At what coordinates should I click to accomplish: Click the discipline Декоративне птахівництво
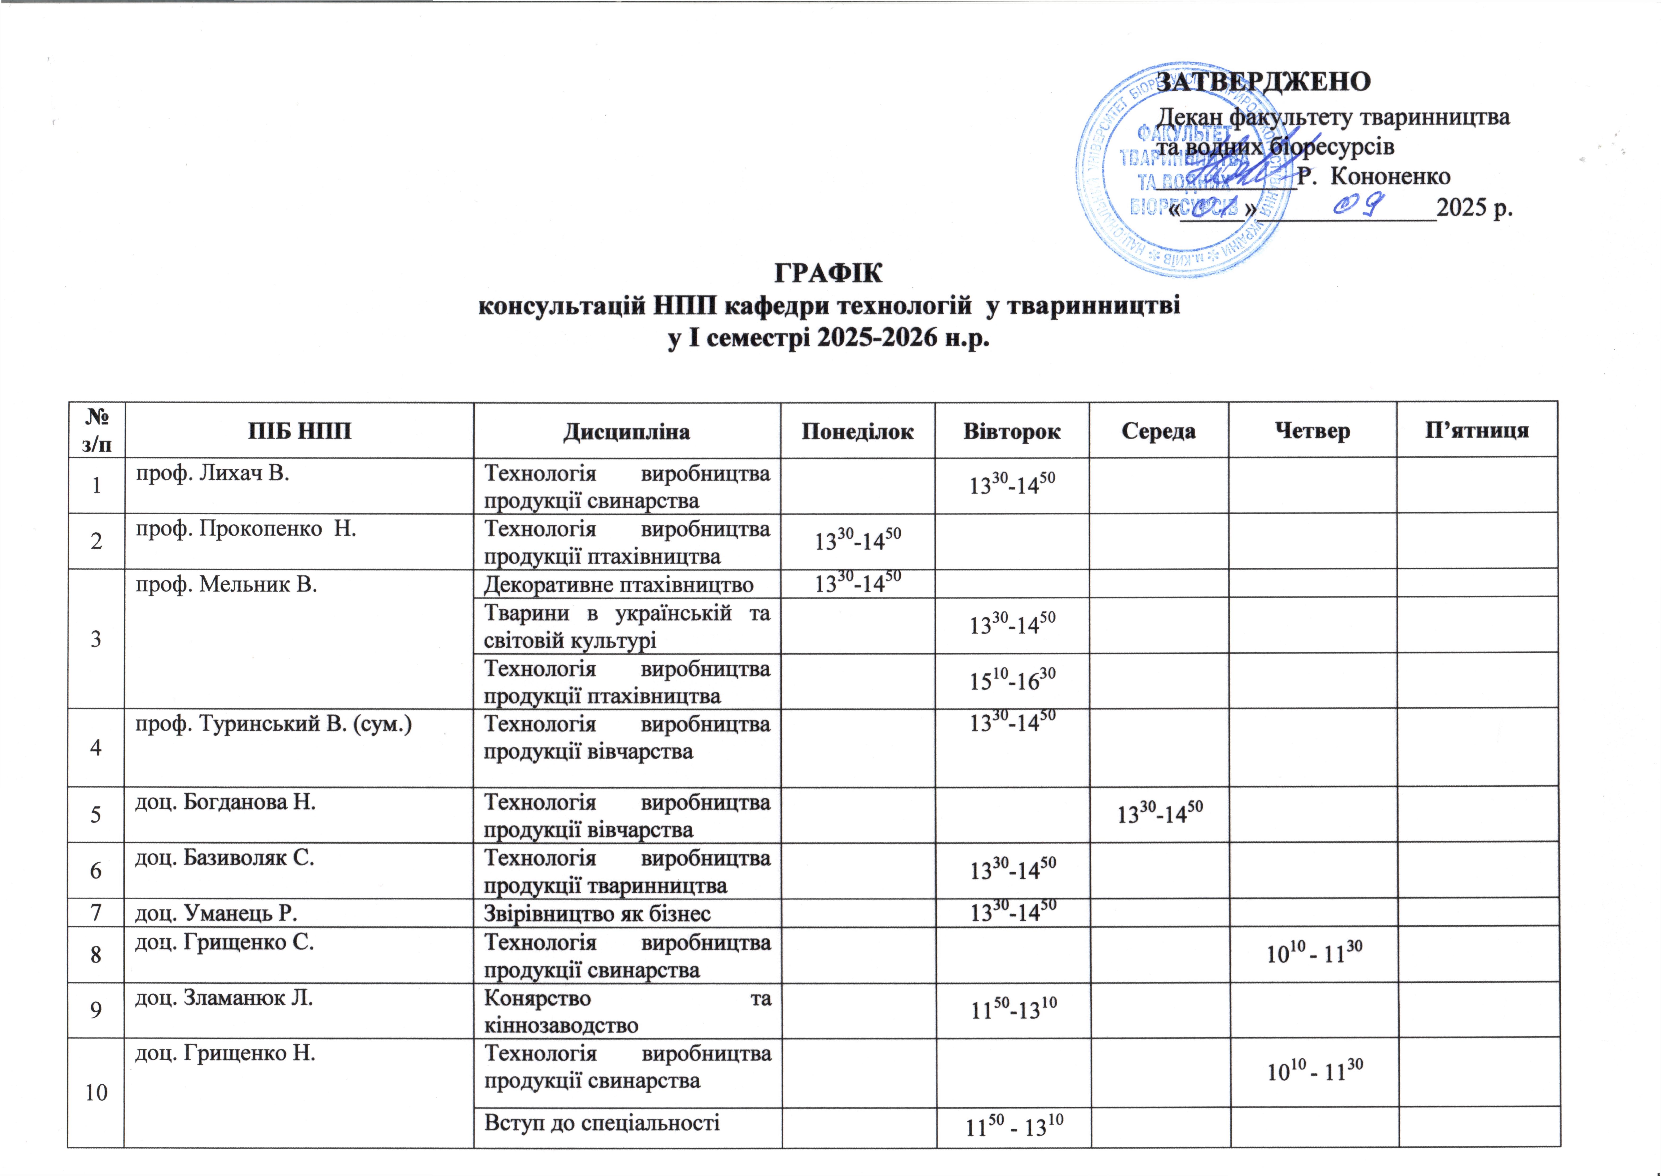[x=619, y=584]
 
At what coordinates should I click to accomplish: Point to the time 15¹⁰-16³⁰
[x=1012, y=680]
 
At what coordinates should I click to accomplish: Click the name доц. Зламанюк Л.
[x=224, y=998]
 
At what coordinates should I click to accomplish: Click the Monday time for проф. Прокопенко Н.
[x=858, y=540]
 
